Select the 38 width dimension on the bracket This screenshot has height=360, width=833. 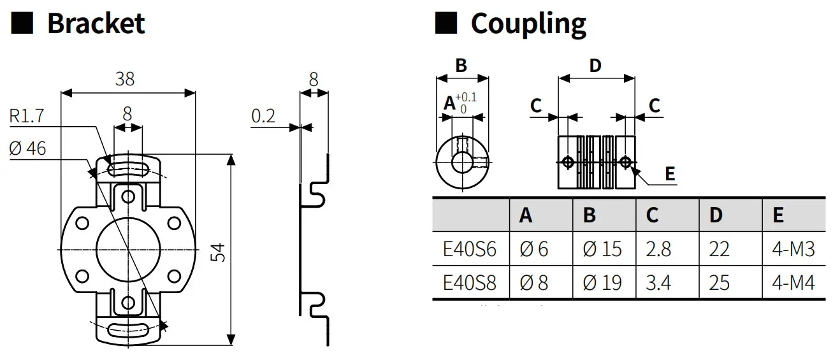(x=125, y=79)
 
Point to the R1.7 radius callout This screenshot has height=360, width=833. (x=27, y=116)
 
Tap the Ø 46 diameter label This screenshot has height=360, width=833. (x=27, y=148)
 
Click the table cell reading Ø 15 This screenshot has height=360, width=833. (x=602, y=248)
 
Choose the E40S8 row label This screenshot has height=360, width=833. (x=469, y=282)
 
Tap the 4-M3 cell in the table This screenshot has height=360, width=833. (x=793, y=248)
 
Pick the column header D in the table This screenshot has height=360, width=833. (x=716, y=215)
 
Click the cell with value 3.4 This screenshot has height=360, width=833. (x=658, y=282)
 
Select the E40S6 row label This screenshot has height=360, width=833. (x=469, y=248)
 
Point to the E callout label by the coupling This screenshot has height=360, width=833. (x=670, y=174)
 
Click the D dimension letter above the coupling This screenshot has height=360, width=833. (x=595, y=65)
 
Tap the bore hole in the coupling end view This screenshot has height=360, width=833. (x=461, y=162)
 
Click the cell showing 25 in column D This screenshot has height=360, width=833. (x=720, y=282)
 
